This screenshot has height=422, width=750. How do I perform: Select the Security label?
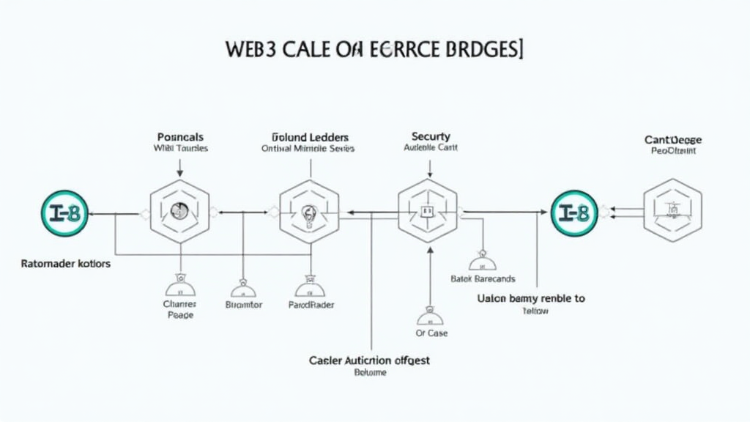(431, 136)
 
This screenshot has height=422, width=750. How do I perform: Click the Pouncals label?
(180, 137)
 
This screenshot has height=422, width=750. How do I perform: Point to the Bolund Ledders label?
(310, 137)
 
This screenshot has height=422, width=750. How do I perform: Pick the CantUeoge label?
(673, 139)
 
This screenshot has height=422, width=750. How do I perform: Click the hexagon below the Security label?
(427, 212)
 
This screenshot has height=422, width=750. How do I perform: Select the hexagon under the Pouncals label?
(179, 212)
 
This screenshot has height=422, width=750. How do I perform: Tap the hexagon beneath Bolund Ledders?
(309, 212)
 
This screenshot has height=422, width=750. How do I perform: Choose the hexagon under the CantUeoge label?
(672, 211)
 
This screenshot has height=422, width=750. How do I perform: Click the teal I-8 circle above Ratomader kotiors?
(64, 212)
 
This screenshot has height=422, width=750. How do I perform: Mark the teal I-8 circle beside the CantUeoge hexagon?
(573, 212)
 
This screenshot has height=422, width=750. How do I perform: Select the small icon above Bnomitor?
(242, 286)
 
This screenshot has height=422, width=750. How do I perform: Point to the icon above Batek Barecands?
(482, 261)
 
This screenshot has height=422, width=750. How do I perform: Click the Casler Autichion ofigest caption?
(370, 360)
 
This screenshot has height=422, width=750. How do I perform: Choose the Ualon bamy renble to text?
(531, 299)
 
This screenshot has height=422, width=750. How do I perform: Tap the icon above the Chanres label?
(179, 285)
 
